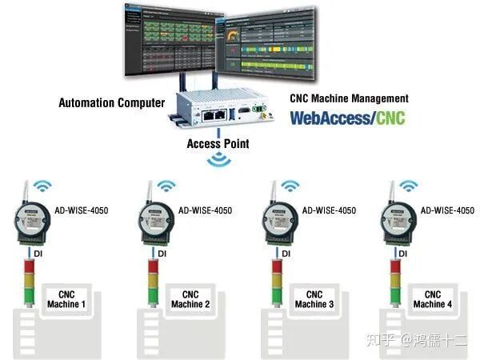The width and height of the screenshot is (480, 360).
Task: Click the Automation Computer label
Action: pyautogui.click(x=111, y=102)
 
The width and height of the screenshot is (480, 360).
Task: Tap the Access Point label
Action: pyautogui.click(x=218, y=144)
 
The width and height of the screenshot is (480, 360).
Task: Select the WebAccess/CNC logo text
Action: pyautogui.click(x=347, y=118)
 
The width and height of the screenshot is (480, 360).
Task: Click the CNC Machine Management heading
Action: pyautogui.click(x=349, y=99)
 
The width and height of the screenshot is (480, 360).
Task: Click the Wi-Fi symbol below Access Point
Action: pyautogui.click(x=218, y=161)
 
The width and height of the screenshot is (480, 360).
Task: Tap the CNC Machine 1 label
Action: pyautogui.click(x=66, y=299)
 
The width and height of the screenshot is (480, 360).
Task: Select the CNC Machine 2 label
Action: pyautogui.click(x=190, y=299)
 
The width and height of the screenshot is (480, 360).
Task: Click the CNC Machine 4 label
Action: pyautogui.click(x=433, y=299)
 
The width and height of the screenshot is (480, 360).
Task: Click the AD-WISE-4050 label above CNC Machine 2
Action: pyautogui.click(x=205, y=210)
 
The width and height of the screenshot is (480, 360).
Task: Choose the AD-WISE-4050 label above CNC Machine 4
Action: pyautogui.click(x=448, y=210)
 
